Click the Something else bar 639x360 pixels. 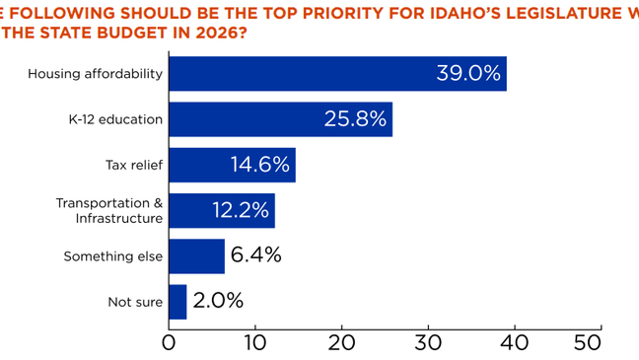tap(196, 255)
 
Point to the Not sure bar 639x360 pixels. tap(177, 301)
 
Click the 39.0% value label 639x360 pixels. tap(468, 74)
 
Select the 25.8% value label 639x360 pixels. tap(355, 119)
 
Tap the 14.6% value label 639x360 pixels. tap(260, 165)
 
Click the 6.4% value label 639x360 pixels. tap(255, 255)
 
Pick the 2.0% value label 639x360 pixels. tap(218, 301)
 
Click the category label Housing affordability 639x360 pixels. tap(96, 74)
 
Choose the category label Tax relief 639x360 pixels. tap(133, 165)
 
